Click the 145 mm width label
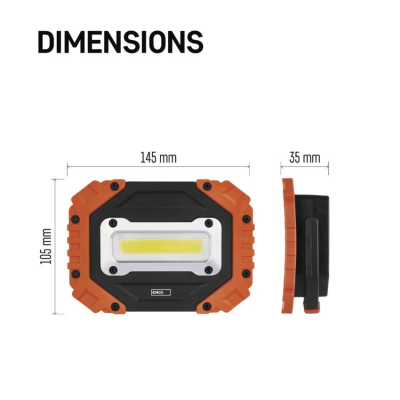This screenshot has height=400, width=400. coord(158,158)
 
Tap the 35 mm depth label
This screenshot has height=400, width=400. coord(304,158)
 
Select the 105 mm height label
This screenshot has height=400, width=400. coord(47,246)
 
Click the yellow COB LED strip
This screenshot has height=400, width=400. coord(161,246)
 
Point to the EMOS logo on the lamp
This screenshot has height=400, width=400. coord(160,292)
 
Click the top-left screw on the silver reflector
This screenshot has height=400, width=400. coord(113,222)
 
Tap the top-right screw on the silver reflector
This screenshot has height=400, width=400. coord(208,222)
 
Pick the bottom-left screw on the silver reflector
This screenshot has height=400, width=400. coord(113,270)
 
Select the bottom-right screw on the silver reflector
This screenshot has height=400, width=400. coord(208,270)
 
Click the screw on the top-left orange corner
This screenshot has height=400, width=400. coord(114,186)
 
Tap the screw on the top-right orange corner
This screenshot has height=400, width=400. coord(206,186)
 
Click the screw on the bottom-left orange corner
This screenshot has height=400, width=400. coord(114,306)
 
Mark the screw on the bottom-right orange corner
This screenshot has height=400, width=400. coord(206,306)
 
